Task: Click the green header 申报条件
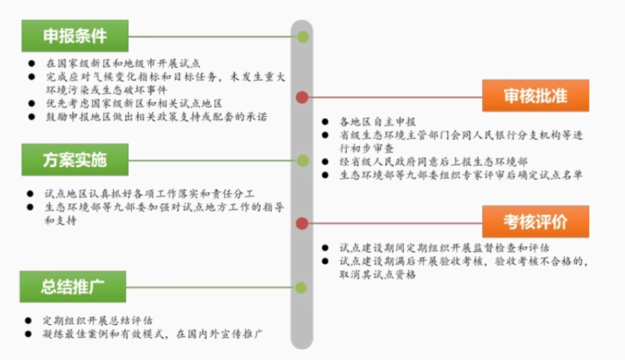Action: (75, 36)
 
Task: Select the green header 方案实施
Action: (75, 159)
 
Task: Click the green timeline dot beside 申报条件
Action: (302, 37)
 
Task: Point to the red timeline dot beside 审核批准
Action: (302, 97)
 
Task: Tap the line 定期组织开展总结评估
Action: (98, 320)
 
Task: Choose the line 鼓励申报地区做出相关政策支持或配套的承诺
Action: (156, 116)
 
